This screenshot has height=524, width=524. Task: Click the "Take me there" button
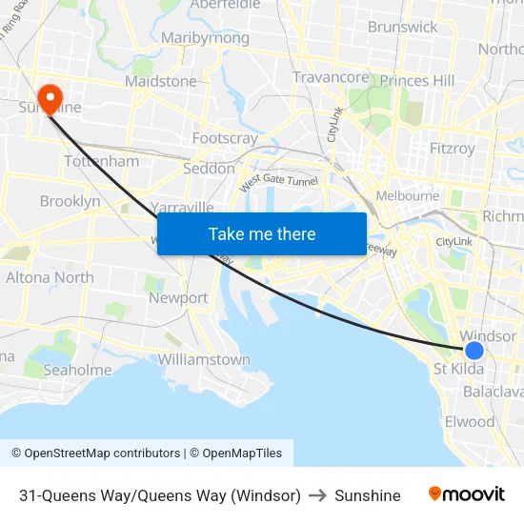coord(262,233)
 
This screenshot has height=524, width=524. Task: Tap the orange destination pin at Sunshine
coord(48,96)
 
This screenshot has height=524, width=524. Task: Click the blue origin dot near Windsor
coord(474,351)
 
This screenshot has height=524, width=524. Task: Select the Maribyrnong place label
coord(205,38)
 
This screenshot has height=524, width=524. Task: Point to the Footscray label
coord(225,138)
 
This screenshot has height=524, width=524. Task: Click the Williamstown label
coord(204,359)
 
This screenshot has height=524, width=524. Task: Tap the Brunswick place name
coord(402,27)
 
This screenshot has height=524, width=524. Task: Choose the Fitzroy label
coord(452,149)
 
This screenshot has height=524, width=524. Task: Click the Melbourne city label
coord(408,195)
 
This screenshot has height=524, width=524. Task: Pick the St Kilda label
coord(458,369)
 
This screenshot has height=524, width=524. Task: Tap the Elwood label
coord(470,421)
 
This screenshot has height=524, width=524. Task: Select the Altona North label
coord(50,277)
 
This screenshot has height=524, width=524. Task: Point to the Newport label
coord(178,297)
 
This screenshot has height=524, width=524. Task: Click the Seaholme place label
coord(77,370)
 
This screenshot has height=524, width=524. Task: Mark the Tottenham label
coord(101,161)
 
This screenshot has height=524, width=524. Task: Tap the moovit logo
coord(467,494)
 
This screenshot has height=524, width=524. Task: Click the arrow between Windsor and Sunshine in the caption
coord(318,495)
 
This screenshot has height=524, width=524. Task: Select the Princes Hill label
coord(416,81)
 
